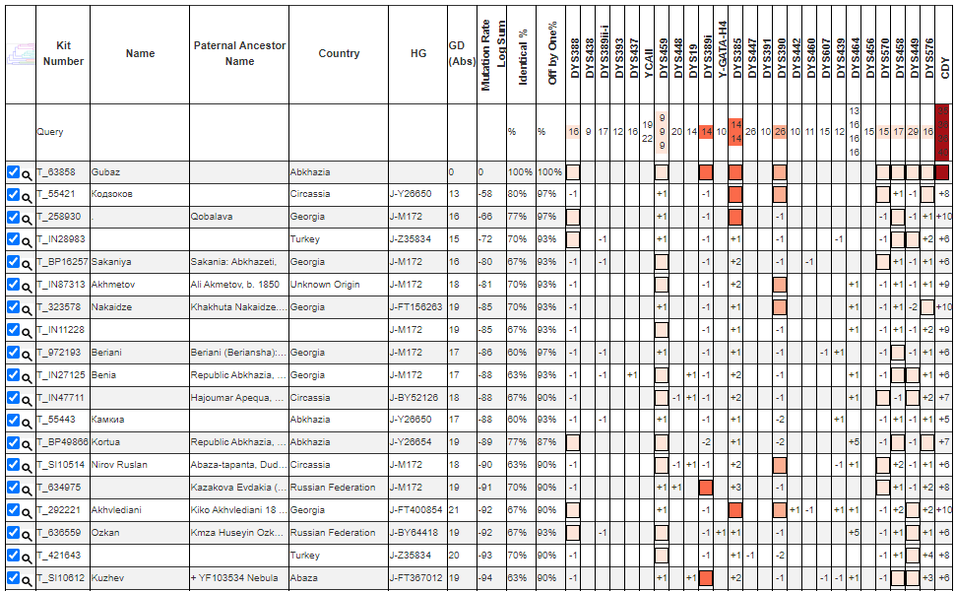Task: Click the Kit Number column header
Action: click(x=63, y=53)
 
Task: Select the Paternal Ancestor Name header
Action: click(x=238, y=53)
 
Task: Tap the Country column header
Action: click(x=339, y=53)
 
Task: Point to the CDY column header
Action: click(x=944, y=67)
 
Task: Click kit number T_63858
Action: click(x=56, y=171)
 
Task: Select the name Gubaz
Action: click(x=105, y=171)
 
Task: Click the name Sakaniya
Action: click(x=111, y=262)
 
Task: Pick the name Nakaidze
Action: click(x=111, y=307)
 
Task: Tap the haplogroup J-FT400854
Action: click(x=416, y=510)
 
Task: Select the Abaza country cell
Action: click(x=304, y=578)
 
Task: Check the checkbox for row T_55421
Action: click(x=13, y=194)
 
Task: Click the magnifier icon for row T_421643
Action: click(x=27, y=557)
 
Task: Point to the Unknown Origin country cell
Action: click(x=323, y=285)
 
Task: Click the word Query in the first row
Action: click(x=49, y=131)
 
